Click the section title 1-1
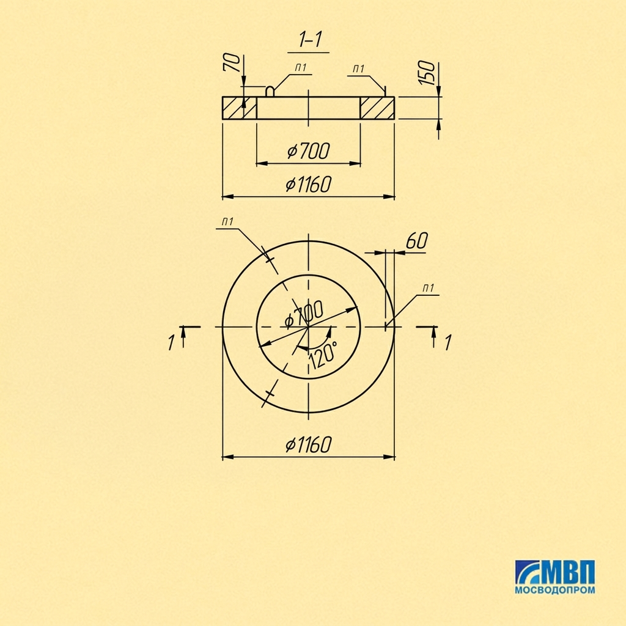[310, 40]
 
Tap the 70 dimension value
[232, 63]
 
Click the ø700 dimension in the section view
[309, 151]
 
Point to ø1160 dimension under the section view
[309, 184]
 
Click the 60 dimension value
[416, 241]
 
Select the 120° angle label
[323, 355]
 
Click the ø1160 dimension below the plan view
[309, 444]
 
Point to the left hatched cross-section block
[239, 108]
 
